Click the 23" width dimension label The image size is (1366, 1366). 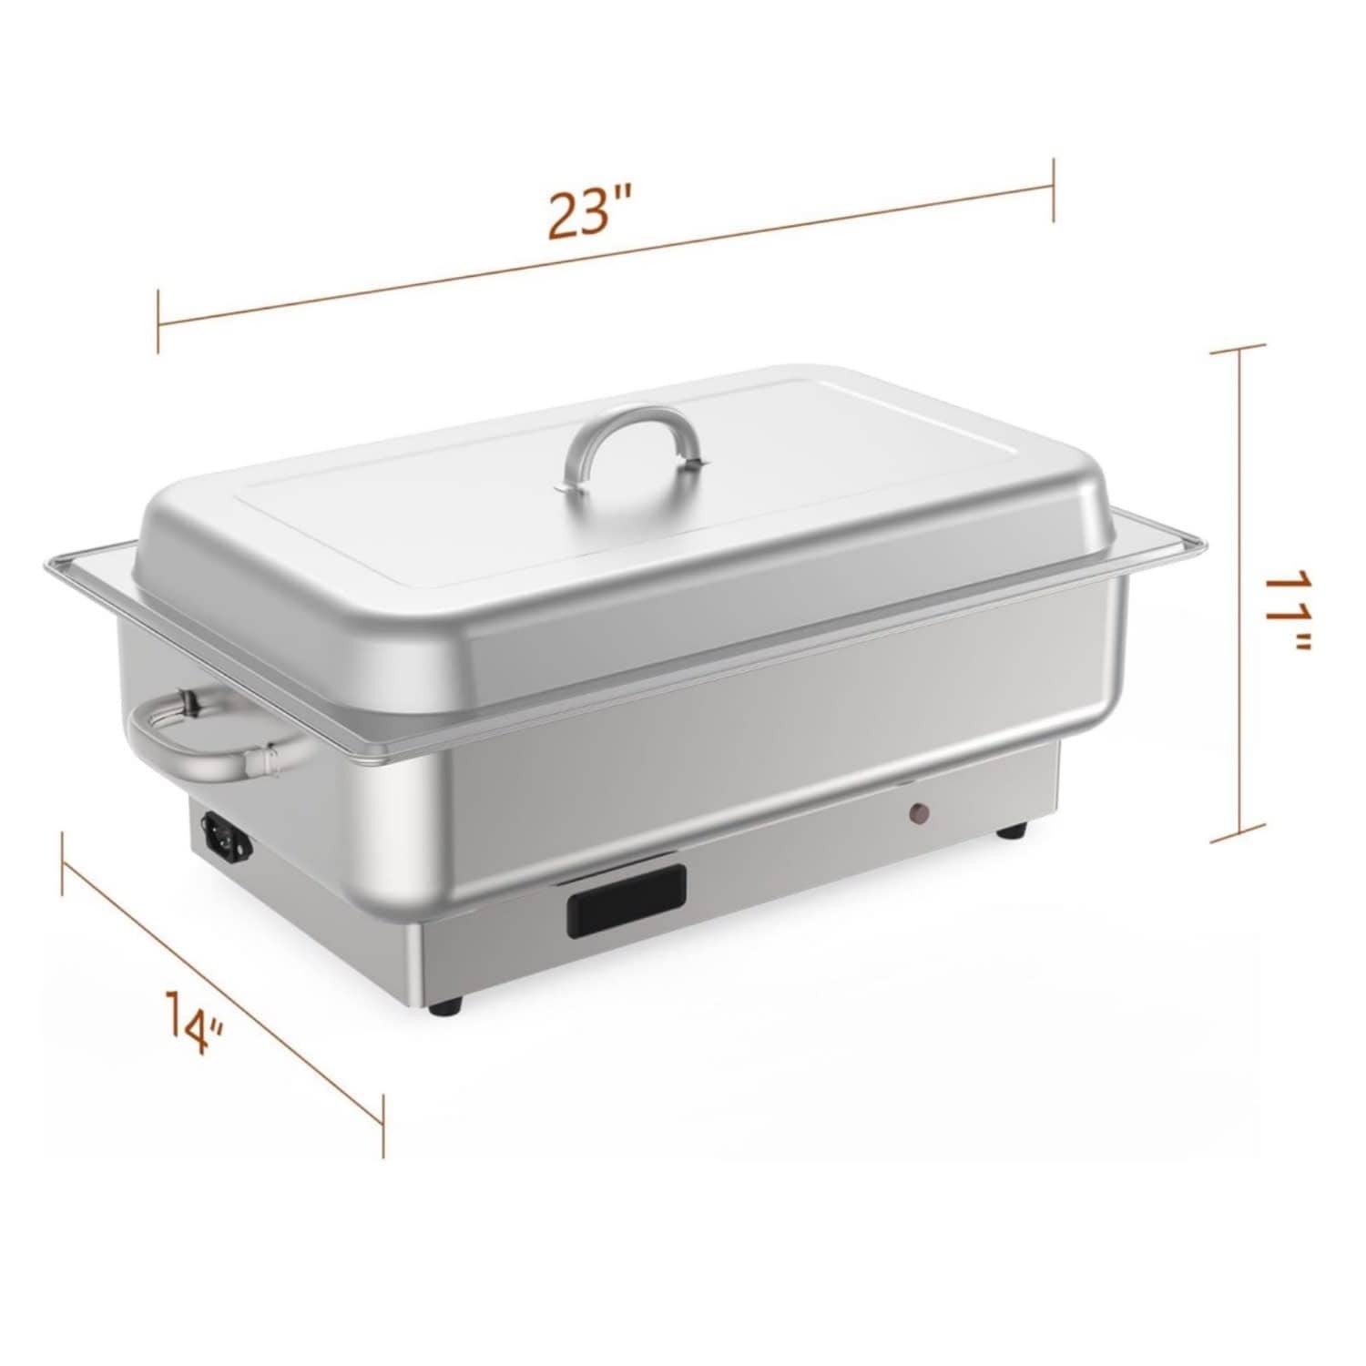point(589,211)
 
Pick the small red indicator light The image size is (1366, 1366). point(921,812)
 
